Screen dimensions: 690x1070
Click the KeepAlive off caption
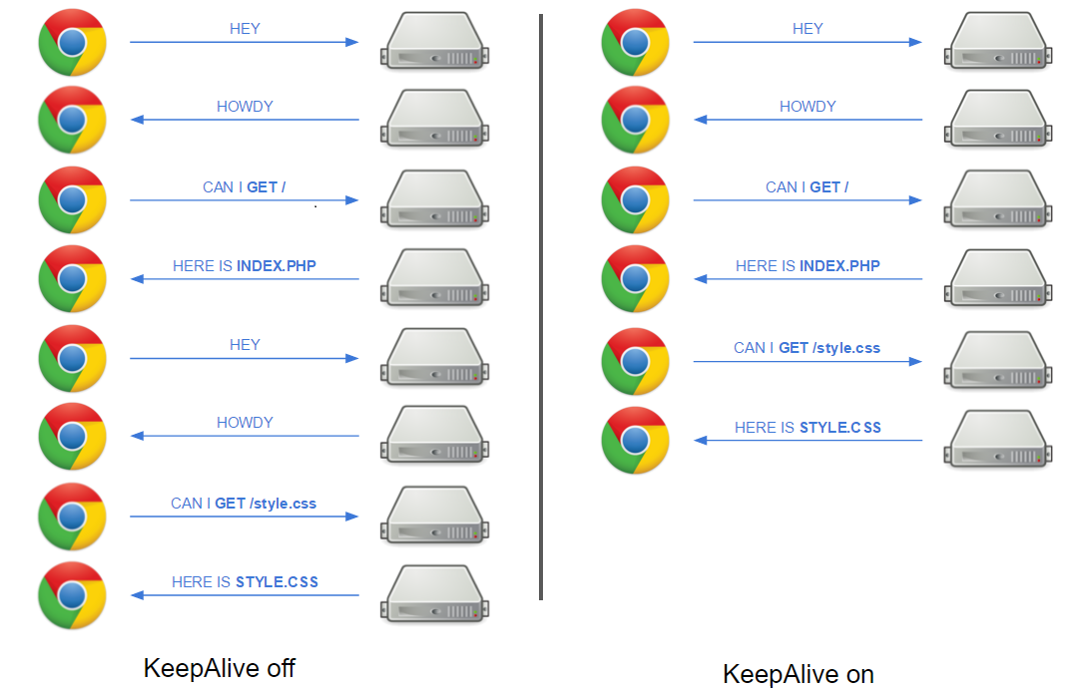tap(220, 668)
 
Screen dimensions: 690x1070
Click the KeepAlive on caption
tap(799, 674)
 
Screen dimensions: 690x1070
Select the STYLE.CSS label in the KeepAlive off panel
tap(276, 582)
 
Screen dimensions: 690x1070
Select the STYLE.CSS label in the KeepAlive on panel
tap(840, 427)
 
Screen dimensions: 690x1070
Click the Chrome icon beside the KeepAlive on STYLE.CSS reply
tap(635, 440)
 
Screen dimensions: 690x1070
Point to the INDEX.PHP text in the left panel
tap(282, 266)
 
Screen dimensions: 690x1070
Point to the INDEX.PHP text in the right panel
tap(839, 266)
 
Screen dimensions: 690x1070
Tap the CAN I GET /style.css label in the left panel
tap(244, 504)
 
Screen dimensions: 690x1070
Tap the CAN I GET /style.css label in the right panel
tap(806, 348)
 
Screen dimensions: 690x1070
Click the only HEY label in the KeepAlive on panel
tap(807, 29)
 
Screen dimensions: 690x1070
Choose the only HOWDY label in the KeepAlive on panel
tap(807, 107)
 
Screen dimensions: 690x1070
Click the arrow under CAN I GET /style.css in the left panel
tap(244, 517)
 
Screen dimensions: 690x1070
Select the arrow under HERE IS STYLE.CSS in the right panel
tap(807, 440)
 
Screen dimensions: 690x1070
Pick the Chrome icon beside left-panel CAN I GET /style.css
tap(72, 516)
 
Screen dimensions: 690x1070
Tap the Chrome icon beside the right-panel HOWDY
tap(635, 120)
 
